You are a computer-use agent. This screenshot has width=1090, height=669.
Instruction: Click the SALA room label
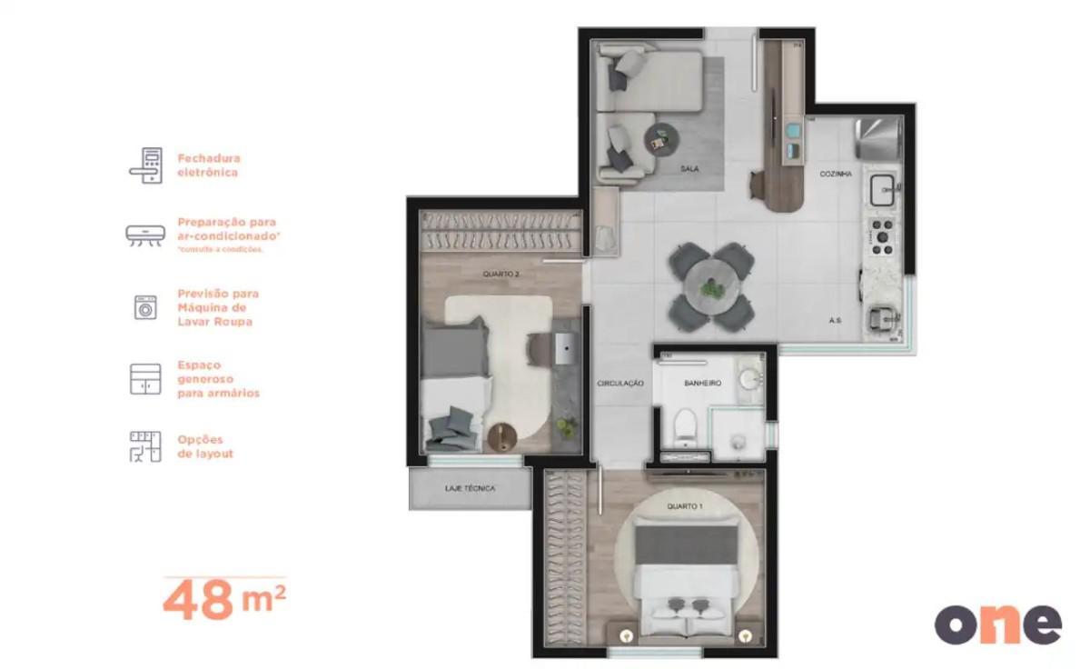[x=689, y=169]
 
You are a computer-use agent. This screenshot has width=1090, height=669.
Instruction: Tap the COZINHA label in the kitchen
[x=836, y=174]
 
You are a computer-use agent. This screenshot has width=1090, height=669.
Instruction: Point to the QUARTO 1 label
[x=684, y=506]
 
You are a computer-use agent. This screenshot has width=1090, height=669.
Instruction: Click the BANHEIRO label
[x=702, y=384]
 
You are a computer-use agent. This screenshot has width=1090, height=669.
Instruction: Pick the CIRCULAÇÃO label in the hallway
[x=620, y=384]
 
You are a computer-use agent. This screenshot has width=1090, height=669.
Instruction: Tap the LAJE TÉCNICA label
[x=470, y=489]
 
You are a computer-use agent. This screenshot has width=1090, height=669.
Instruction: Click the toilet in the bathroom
[x=688, y=424]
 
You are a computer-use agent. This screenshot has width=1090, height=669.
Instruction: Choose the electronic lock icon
[x=145, y=165]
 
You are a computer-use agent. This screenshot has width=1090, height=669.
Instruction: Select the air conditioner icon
[x=145, y=235]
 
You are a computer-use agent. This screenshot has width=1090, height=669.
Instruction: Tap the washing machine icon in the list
[x=145, y=307]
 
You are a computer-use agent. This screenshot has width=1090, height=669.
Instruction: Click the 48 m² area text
[x=224, y=601]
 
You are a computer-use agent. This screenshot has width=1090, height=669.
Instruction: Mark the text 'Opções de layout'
[x=205, y=446]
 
